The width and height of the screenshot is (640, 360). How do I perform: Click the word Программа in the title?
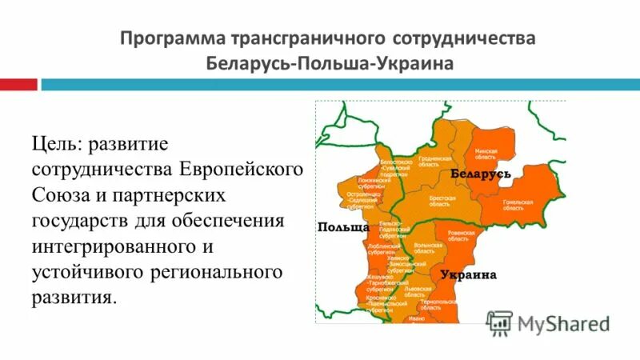(170, 39)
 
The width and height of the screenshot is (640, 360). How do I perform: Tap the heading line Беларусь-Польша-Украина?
(329, 62)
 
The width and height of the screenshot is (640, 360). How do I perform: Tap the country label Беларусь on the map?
(481, 173)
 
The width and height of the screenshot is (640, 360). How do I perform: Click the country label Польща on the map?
(343, 227)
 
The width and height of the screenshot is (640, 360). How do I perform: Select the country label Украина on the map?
(468, 274)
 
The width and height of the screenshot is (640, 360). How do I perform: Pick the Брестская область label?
(442, 201)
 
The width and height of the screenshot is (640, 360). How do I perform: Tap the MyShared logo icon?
(499, 323)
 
